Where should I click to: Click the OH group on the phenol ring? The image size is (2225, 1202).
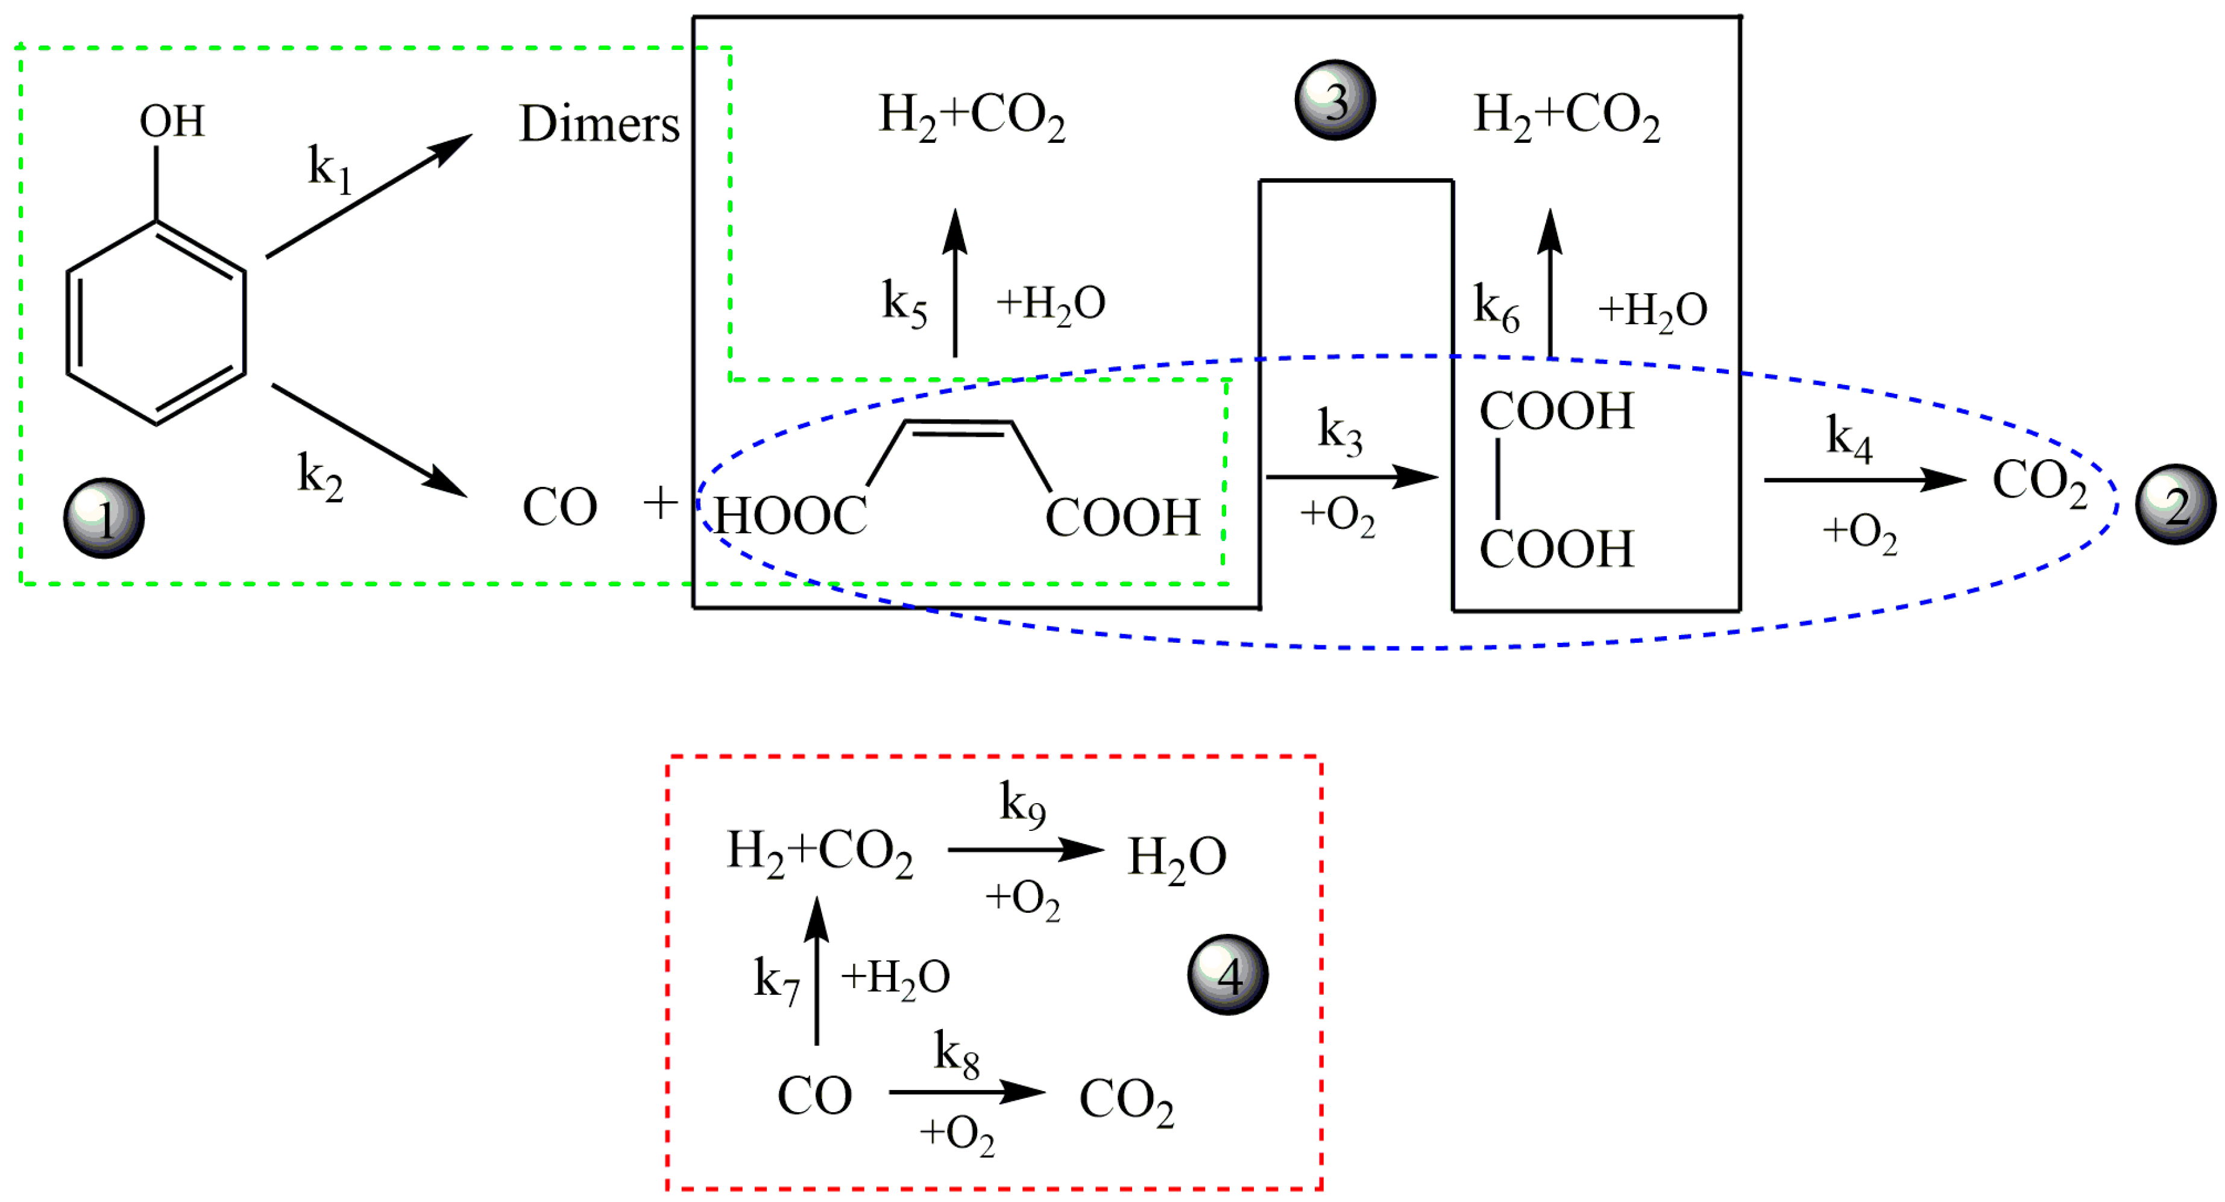pos(172,121)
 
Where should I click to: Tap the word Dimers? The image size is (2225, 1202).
pos(599,124)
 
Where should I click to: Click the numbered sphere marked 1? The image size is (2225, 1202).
pos(104,518)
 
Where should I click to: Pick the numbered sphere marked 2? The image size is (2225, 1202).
pos(2175,504)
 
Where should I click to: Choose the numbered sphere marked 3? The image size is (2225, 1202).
pos(1335,100)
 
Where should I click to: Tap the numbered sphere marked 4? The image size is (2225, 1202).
pos(1227,974)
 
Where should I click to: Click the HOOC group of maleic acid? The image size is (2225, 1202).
pos(790,516)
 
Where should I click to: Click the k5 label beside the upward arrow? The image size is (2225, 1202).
pos(904,303)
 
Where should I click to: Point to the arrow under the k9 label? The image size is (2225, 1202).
pos(1025,850)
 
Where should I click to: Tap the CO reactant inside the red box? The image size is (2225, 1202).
pos(814,1096)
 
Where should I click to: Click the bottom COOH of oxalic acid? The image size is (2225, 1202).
pos(1556,549)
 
